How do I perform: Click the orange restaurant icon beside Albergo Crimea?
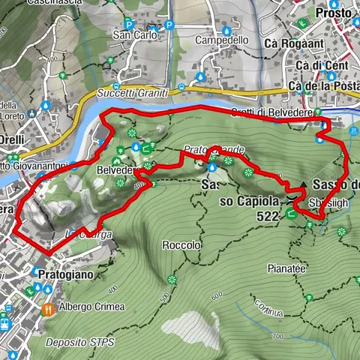(x=49, y=308)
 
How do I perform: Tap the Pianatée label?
(x=286, y=267)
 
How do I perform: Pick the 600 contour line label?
(x=217, y=295)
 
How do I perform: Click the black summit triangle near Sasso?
(x=303, y=184)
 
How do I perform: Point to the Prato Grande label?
(x=213, y=151)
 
